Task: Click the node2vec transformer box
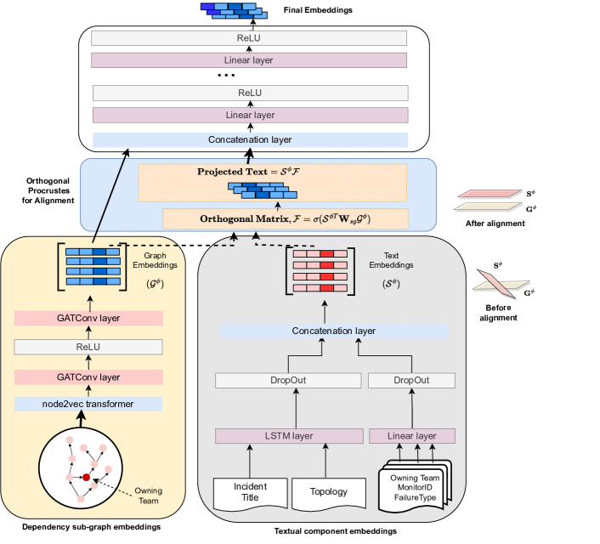pyautogui.click(x=88, y=404)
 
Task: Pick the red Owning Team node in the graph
pyautogui.click(x=87, y=479)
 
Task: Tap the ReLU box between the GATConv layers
pyautogui.click(x=88, y=347)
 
